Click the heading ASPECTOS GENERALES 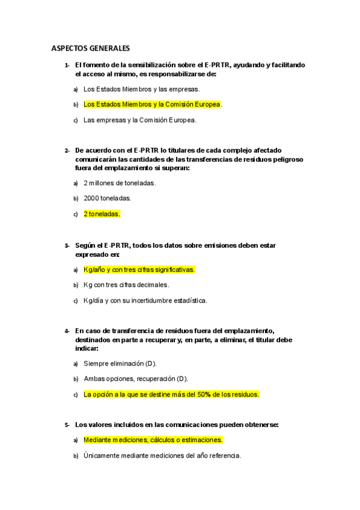pos(90,48)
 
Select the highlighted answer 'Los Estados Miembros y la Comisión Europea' pos(152,105)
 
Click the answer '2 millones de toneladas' pos(120,183)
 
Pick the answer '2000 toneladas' pos(108,198)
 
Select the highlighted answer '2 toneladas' pos(102,214)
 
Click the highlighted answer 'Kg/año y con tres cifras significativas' pos(139,269)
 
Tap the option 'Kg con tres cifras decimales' pos(126,285)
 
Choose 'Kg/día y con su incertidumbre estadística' pos(145,301)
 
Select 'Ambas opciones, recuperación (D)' pos(136,379)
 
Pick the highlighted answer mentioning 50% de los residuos pos(171,395)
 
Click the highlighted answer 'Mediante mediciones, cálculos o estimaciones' pos(153,440)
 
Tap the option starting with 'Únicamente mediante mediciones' pos(162,455)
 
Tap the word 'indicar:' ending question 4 pos(87,348)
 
